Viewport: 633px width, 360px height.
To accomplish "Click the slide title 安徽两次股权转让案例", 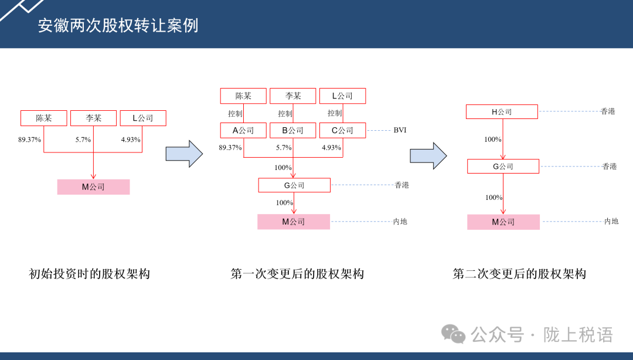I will point(118,26).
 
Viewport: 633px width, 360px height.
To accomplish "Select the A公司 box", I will point(243,130).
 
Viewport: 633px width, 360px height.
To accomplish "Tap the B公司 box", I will point(292,130).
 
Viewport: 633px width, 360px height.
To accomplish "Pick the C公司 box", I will point(342,130).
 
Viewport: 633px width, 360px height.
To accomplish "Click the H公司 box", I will point(502,112).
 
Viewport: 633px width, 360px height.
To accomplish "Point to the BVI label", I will point(400,130).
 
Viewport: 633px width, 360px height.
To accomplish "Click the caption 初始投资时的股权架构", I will point(90,274).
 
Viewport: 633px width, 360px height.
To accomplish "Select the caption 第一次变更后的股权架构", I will point(297,274).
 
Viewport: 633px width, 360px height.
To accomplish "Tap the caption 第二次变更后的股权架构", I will point(519,274).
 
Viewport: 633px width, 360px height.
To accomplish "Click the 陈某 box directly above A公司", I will point(243,96).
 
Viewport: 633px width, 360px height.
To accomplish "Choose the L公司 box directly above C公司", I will point(342,96).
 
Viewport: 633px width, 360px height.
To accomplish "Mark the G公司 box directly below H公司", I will point(503,167).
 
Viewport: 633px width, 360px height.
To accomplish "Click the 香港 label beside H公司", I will point(608,111).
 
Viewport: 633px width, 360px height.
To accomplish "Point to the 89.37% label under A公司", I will point(230,148).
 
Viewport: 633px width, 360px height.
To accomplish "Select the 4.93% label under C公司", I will point(331,148).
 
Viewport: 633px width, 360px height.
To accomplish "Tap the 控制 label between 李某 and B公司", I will point(285,114).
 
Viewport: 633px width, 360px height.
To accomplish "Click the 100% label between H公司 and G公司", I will point(493,140).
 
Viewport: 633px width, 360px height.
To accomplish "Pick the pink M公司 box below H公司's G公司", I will point(503,222).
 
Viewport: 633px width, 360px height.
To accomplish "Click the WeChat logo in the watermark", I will point(454,334).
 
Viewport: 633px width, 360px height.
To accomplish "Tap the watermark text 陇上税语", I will point(578,335).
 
